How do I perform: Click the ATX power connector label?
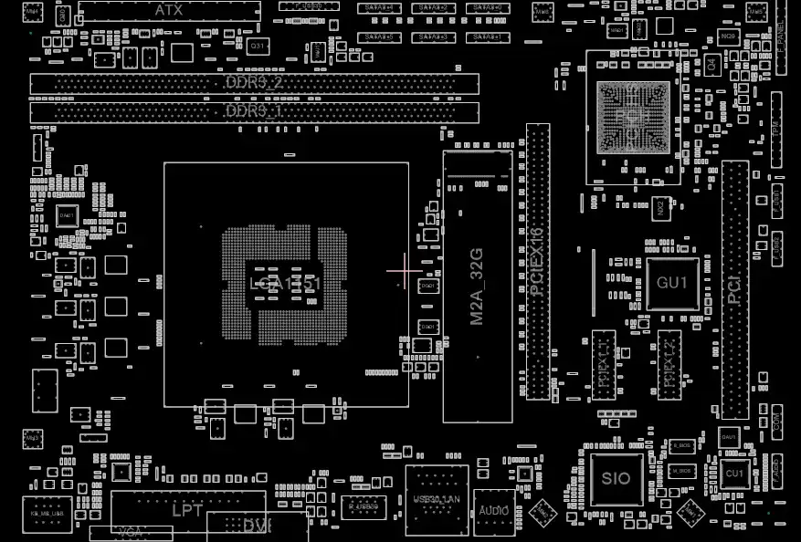point(168,11)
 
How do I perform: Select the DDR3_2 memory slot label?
point(253,83)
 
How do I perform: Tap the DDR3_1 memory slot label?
point(253,111)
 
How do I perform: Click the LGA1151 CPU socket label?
point(285,284)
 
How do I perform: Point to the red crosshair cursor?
point(404,270)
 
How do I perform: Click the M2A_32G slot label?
point(477,286)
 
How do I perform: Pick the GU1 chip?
point(672,283)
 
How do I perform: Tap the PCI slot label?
point(734,290)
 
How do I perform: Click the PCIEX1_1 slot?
point(604,365)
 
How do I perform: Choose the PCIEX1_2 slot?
point(669,365)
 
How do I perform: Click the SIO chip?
point(617,479)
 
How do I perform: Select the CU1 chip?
point(733,474)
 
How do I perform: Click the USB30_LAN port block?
point(437,499)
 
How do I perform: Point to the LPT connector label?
point(188,510)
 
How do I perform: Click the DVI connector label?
point(258,526)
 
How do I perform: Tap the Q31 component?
point(258,46)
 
